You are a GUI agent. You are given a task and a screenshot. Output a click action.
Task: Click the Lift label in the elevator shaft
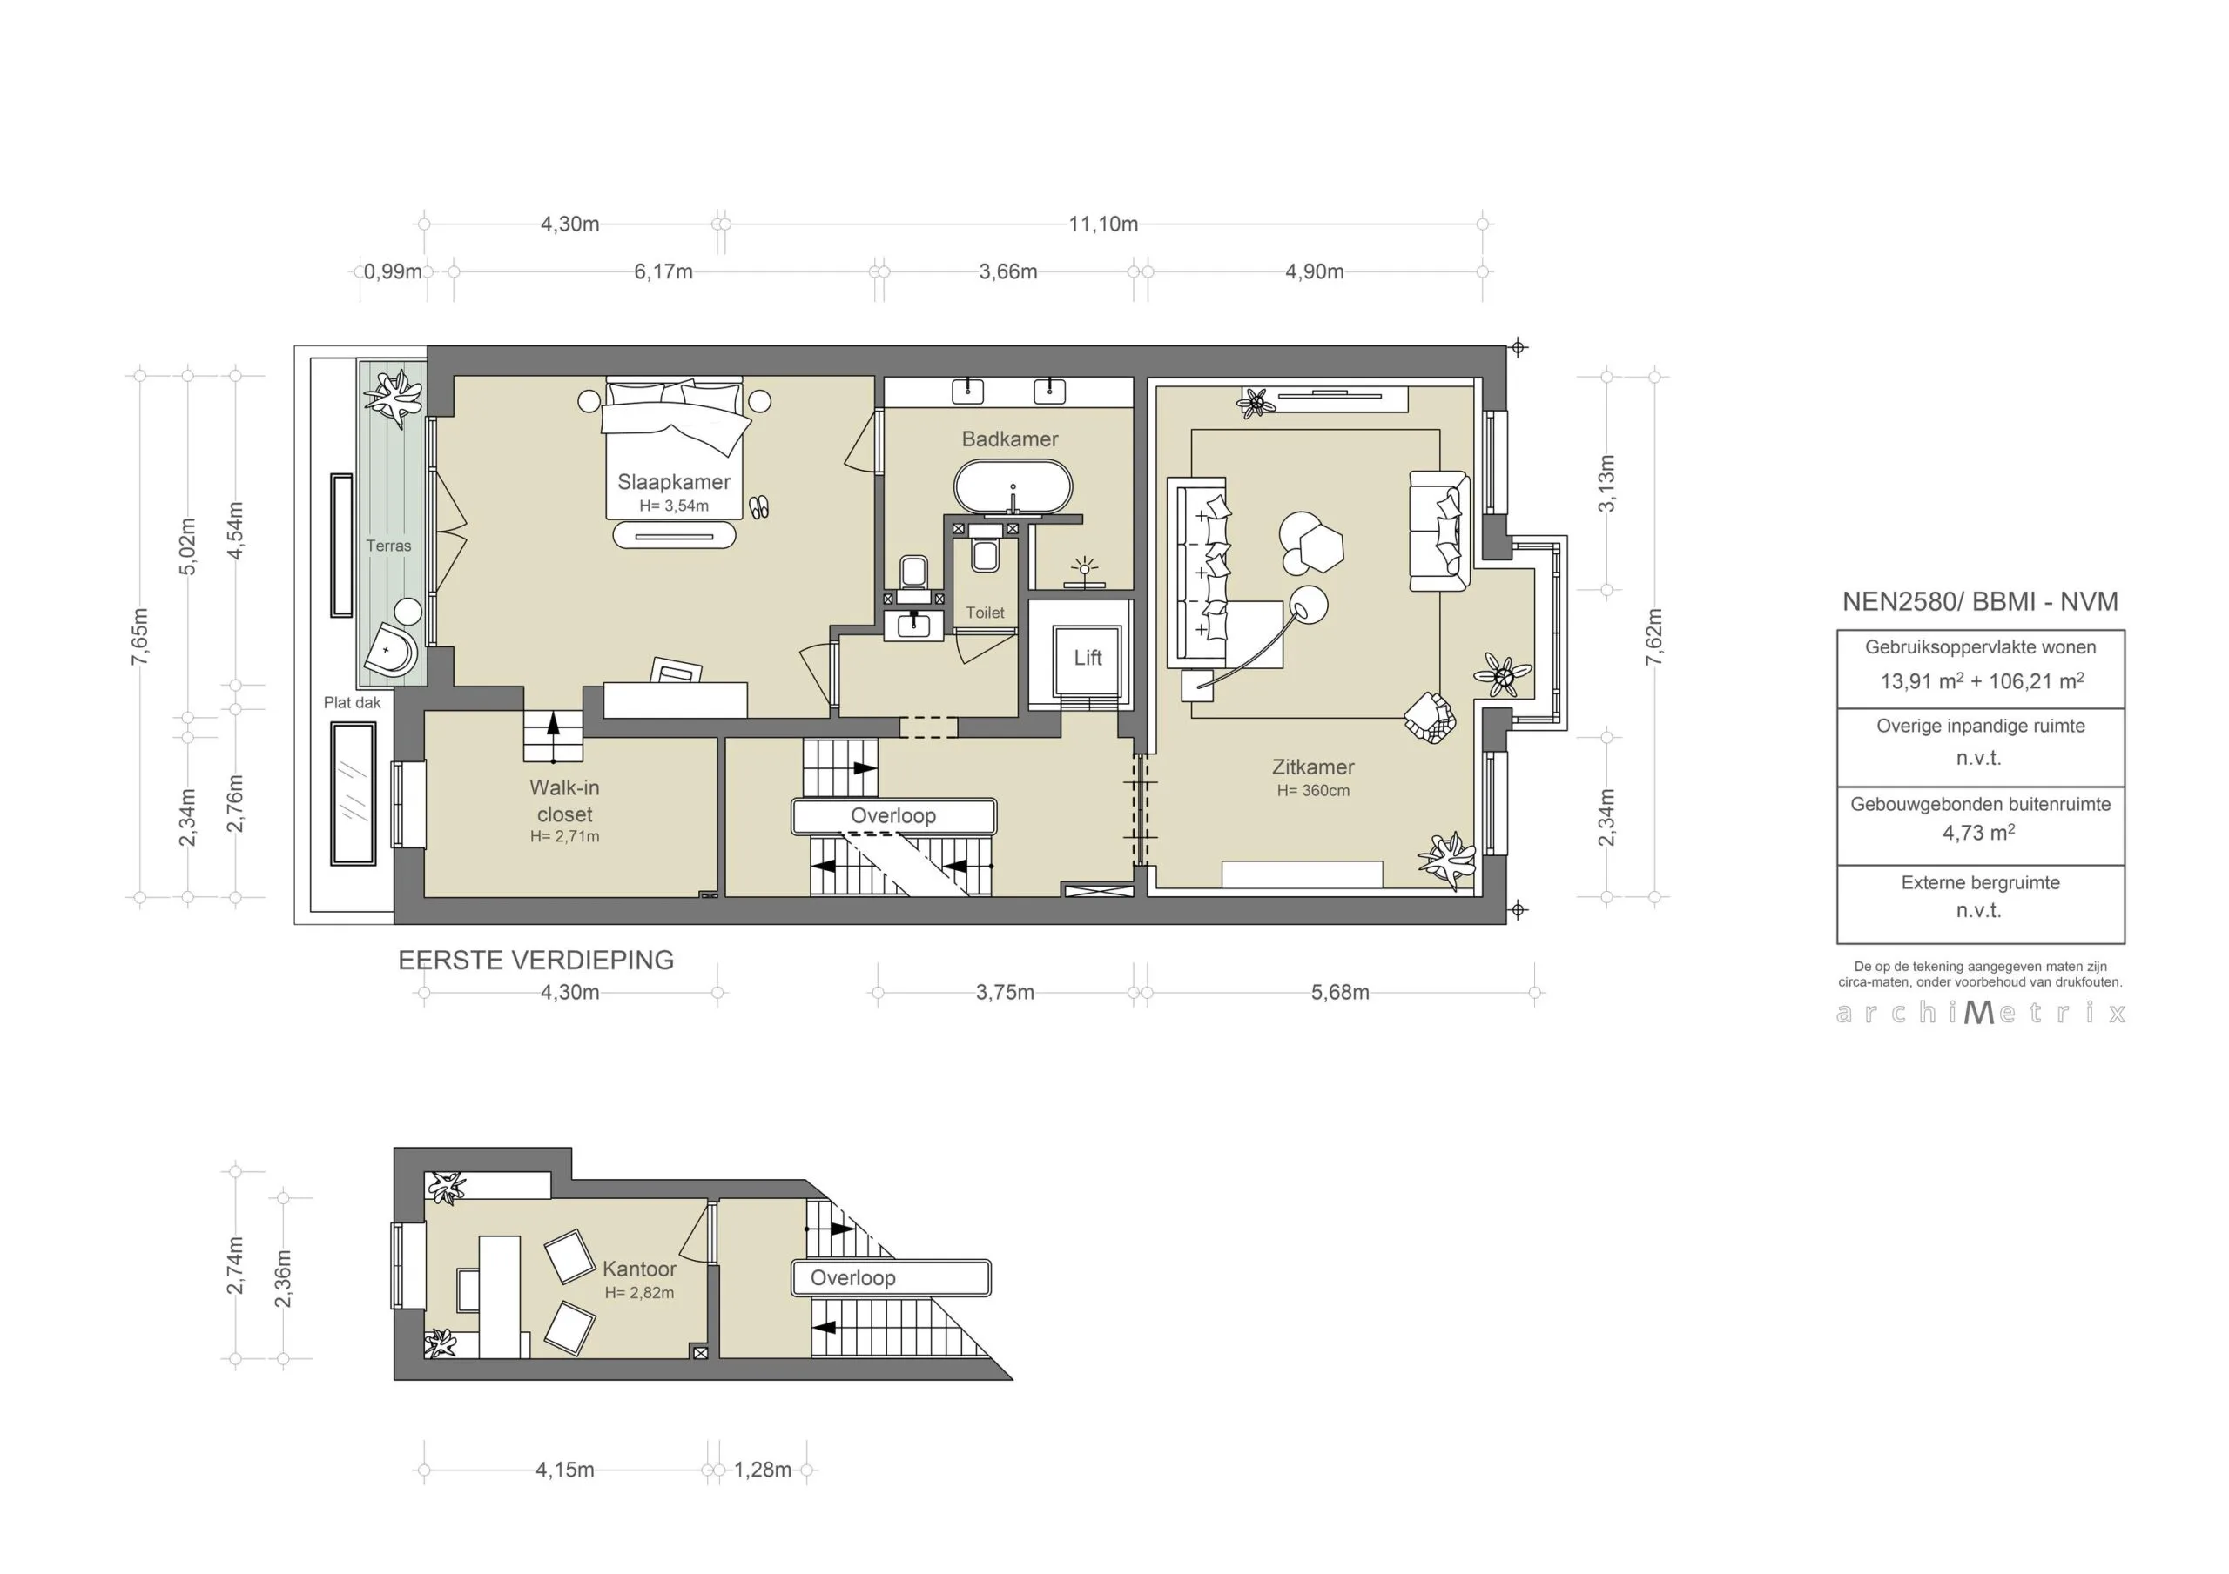[x=1088, y=658]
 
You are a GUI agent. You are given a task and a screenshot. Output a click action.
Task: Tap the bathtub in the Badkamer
[x=1013, y=486]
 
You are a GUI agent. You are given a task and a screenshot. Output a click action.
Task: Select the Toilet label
[x=985, y=613]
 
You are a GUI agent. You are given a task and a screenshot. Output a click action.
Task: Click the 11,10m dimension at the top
[x=1103, y=224]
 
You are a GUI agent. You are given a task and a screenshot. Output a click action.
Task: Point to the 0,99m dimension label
[x=392, y=271]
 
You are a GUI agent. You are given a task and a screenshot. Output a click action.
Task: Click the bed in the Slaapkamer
[x=674, y=427]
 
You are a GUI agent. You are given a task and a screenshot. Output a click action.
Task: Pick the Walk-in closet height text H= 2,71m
[x=564, y=836]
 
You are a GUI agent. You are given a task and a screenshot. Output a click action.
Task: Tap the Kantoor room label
[x=639, y=1269]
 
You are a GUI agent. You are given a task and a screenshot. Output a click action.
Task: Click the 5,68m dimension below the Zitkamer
[x=1340, y=993]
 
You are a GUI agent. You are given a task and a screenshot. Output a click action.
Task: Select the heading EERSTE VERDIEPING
[x=535, y=960]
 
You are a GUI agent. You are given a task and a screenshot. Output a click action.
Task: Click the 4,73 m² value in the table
[x=1978, y=833]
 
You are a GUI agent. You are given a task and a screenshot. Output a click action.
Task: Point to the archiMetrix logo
[x=1981, y=1013]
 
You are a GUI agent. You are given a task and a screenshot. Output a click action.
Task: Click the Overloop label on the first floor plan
[x=893, y=816]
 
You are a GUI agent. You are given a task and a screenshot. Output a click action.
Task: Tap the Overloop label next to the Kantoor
[x=852, y=1278]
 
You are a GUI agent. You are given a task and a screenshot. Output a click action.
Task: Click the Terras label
[x=388, y=546]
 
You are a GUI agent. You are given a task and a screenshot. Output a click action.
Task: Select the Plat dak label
[x=353, y=702]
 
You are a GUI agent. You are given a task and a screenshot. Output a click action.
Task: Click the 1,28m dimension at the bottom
[x=762, y=1470]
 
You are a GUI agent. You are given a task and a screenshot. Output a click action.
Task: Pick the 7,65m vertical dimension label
[x=141, y=637]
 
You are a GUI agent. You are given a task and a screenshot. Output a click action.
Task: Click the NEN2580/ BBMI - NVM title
[x=1979, y=601]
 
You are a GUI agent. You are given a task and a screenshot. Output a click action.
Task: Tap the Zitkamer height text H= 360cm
[x=1312, y=791]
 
